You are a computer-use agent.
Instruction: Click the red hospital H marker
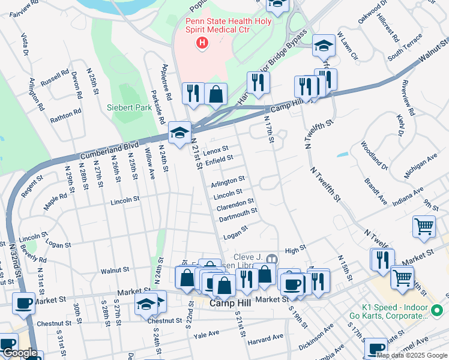point(202,43)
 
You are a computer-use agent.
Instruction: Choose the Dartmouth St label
point(238,214)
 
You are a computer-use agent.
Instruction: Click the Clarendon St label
point(235,204)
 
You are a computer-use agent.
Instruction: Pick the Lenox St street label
point(216,149)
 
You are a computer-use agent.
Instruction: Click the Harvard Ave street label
point(265,340)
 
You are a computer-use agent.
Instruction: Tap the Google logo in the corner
point(19,353)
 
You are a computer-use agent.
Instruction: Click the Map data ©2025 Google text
point(412,355)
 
